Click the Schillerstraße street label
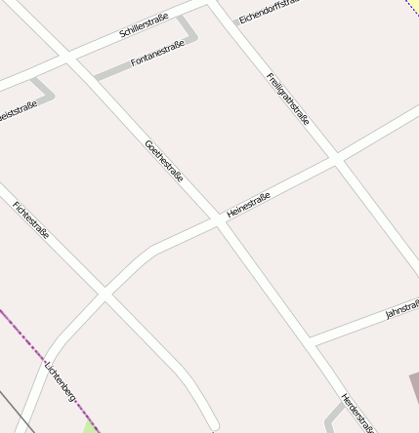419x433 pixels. tap(144, 26)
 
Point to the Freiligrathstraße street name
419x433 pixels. tap(288, 98)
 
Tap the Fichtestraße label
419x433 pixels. tap(31, 219)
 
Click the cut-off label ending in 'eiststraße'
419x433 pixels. tap(18, 111)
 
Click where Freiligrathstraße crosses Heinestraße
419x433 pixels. tap(335, 158)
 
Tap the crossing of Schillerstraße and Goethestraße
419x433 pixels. tap(67, 58)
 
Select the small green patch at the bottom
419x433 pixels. tap(92, 426)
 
